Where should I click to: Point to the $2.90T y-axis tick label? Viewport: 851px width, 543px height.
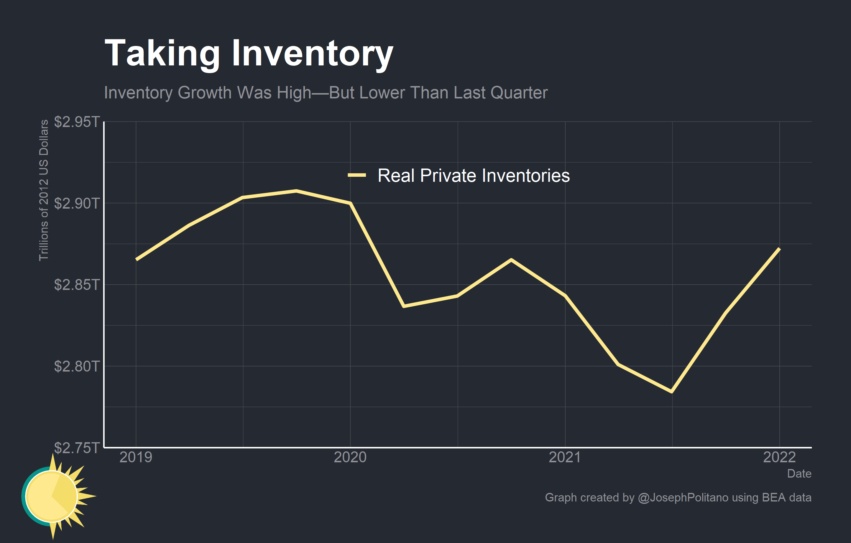(x=77, y=203)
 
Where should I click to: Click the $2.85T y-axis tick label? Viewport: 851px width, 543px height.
(x=77, y=285)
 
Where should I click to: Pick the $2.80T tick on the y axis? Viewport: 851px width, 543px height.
(x=77, y=366)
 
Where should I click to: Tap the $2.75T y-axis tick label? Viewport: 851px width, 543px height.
(x=77, y=448)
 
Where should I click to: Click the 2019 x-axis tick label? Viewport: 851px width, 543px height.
(x=136, y=457)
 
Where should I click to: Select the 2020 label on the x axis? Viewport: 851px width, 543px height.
(x=350, y=457)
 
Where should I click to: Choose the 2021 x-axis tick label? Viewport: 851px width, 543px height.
(x=565, y=457)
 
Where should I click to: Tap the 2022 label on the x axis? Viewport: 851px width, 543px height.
(x=779, y=457)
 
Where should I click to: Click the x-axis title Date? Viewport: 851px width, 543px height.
(x=799, y=473)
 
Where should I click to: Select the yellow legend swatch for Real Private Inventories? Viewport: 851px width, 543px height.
(x=356, y=175)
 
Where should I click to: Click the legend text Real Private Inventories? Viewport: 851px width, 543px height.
(x=474, y=176)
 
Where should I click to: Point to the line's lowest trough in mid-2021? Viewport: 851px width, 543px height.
(x=671, y=392)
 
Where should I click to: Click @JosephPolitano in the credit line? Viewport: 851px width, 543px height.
(x=683, y=497)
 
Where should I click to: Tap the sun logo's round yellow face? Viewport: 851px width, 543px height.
(x=52, y=496)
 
